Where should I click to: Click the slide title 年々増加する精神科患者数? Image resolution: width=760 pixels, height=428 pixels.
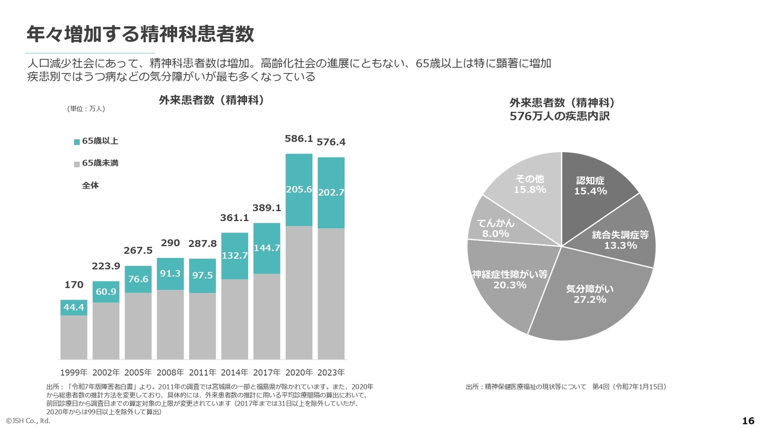click(140, 34)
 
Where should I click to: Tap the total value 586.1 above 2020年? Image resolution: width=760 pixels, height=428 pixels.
click(299, 139)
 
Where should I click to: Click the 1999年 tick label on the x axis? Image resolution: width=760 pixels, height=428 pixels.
click(74, 373)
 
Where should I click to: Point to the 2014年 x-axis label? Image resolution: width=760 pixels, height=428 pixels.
click(235, 373)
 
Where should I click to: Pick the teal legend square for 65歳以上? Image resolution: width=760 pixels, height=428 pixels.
click(77, 141)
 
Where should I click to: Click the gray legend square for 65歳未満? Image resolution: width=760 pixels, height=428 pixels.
click(77, 163)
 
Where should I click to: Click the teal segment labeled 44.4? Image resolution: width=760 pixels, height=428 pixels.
click(74, 307)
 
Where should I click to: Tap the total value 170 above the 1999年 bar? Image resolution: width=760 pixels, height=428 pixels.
click(74, 285)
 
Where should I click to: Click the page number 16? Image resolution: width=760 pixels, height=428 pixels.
click(748, 421)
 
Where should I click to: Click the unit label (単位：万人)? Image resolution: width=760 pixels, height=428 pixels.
click(86, 109)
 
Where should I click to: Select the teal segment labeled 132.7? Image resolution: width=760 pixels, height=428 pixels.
click(235, 256)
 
